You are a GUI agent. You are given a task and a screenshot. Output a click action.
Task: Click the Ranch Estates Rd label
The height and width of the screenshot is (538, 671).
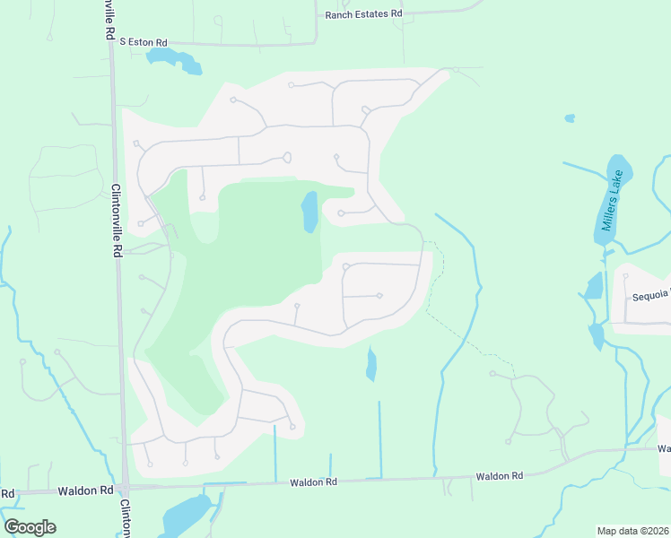pos(363,14)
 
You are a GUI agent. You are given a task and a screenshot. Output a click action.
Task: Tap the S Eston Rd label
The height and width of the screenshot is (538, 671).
pos(143,42)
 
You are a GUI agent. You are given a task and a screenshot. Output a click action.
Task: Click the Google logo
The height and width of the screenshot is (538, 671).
pos(30,527)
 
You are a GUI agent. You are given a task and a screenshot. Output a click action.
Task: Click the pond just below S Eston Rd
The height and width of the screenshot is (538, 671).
pos(174,61)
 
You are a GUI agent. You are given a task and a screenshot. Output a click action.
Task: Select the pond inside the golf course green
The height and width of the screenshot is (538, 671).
pos(309,212)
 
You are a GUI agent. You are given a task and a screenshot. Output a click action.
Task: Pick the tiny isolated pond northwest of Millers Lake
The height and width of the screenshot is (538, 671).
pos(570,117)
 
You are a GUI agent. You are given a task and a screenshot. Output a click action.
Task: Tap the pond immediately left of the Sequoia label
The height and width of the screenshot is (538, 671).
pos(594,286)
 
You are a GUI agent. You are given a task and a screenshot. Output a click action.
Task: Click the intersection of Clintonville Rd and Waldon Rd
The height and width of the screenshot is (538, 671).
pos(124,489)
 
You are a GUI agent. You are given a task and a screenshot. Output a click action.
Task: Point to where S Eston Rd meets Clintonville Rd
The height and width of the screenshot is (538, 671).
pos(111,42)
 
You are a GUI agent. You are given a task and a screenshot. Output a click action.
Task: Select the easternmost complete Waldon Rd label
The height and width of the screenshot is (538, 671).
pos(499,476)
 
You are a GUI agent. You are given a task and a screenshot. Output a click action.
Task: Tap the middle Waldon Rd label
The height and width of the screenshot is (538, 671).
pos(313,482)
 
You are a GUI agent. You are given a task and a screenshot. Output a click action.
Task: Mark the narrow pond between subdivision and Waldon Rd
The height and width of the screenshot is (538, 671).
pos(371,364)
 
